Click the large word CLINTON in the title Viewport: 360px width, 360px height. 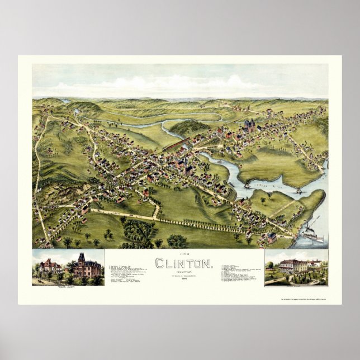(x=183, y=262)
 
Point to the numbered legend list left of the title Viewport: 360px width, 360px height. (x=129, y=274)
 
